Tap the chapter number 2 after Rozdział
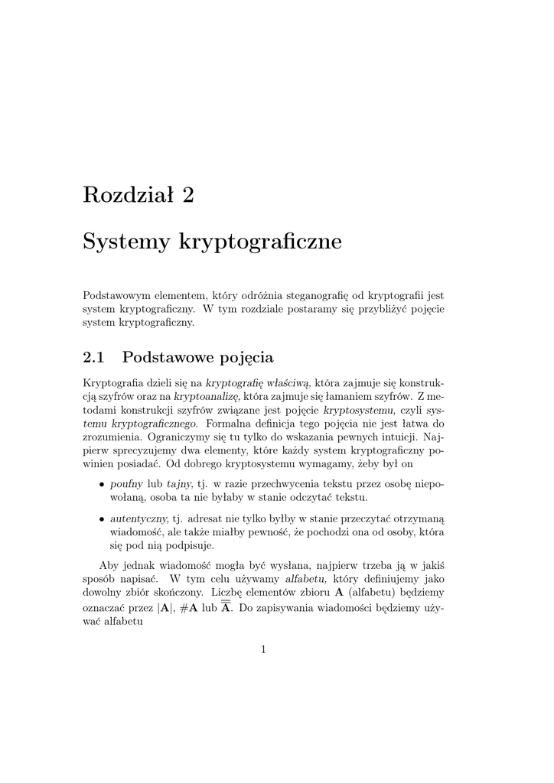pos(188,195)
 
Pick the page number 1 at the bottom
pos(263,650)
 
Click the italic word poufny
pos(127,484)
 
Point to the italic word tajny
pos(179,484)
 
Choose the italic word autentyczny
pos(140,518)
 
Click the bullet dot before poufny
pos(102,485)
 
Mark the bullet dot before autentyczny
pos(102,518)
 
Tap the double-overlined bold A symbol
pos(226,608)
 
